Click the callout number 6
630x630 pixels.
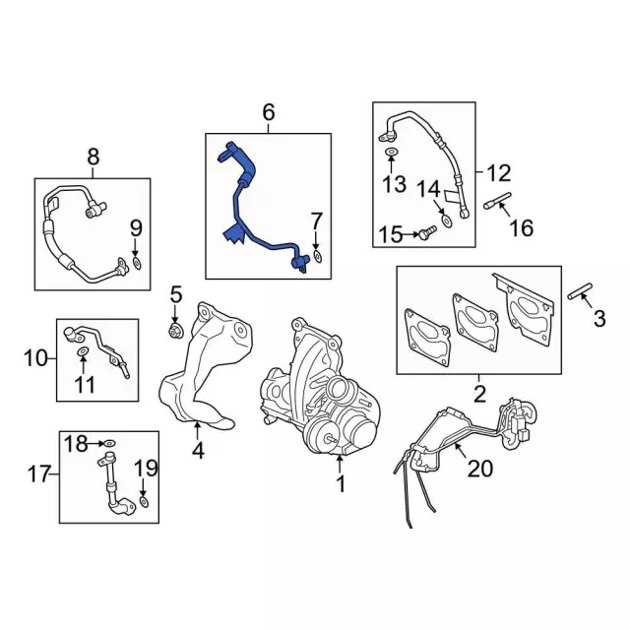coord(269,112)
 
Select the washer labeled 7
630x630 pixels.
coord(317,257)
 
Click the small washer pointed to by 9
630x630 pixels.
coord(137,263)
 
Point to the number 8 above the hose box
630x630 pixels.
coord(94,157)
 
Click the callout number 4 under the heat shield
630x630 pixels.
coord(198,451)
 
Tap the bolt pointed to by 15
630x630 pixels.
coord(427,232)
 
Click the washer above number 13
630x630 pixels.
coord(391,152)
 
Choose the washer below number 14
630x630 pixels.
coord(446,220)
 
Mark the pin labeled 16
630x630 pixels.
coord(497,201)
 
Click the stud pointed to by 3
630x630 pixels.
coord(580,291)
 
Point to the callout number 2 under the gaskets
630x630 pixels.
coord(479,394)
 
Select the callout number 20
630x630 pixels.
coord(480,469)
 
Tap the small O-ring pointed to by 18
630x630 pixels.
coord(109,444)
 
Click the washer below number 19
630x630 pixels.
coord(144,502)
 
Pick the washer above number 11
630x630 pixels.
coord(83,352)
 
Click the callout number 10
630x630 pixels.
coord(35,357)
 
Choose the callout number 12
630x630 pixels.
coord(499,172)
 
